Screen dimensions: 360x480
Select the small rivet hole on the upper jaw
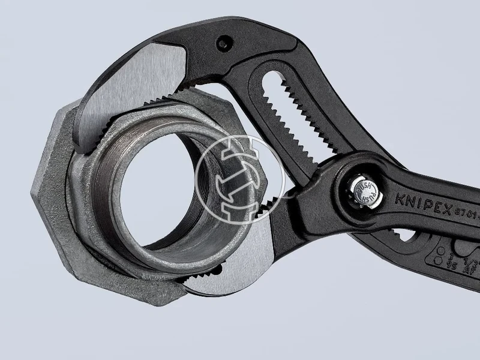(x=223, y=43)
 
